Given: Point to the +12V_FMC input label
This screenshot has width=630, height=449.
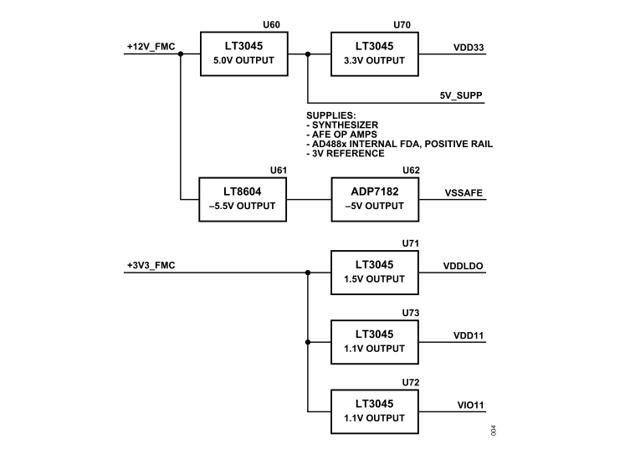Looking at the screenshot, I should pyautogui.click(x=150, y=46).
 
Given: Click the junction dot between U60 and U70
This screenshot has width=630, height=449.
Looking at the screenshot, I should pyautogui.click(x=308, y=54).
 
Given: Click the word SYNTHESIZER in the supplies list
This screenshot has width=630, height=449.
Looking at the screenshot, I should pyautogui.click(x=346, y=124).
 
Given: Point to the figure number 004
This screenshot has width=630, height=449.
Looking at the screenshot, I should pyautogui.click(x=494, y=431).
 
